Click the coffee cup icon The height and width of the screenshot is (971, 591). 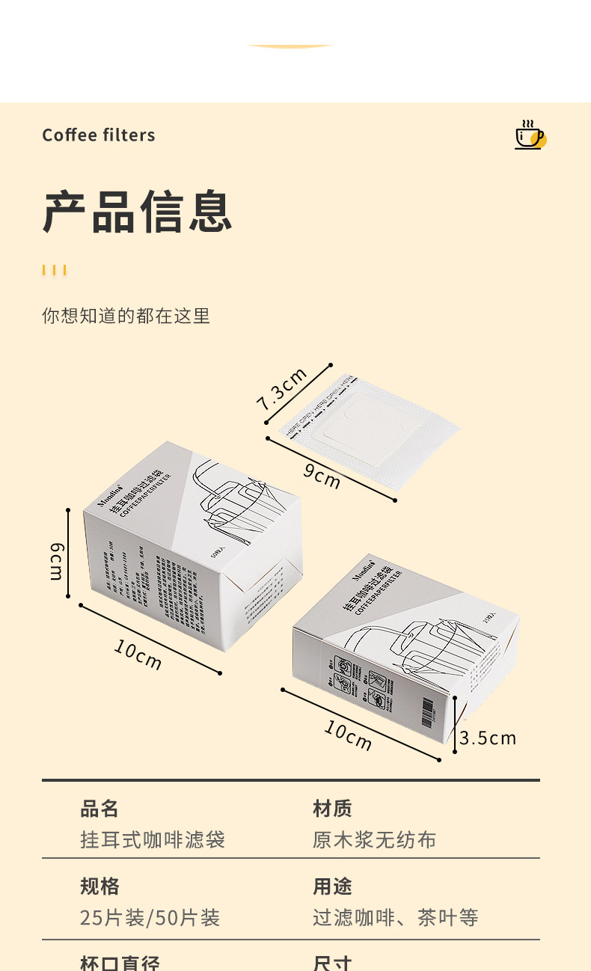[x=530, y=135]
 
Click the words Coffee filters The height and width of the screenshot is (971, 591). [x=99, y=135]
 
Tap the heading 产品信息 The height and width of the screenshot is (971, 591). [x=138, y=212]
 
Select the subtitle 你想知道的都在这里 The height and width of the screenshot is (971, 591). [x=126, y=316]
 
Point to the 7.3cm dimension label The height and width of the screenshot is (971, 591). [x=282, y=390]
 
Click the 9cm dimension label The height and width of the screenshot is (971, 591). [x=322, y=476]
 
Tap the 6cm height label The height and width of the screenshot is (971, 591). [x=57, y=562]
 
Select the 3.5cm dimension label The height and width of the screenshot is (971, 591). [x=488, y=738]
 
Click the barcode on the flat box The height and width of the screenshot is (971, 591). [x=427, y=707]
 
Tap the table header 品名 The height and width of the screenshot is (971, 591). [x=99, y=809]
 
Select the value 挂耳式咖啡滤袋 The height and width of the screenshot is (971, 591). [x=153, y=839]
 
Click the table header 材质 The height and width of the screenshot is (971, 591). [x=332, y=809]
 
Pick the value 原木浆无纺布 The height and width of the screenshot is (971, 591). [x=374, y=839]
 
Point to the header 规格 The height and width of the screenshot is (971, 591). [x=99, y=886]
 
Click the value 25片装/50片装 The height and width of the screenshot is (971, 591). [x=150, y=918]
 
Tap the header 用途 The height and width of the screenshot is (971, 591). [x=332, y=886]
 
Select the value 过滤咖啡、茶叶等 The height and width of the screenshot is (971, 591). [x=395, y=918]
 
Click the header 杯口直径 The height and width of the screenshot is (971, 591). [x=120, y=962]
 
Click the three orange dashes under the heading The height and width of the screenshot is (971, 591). [x=55, y=270]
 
